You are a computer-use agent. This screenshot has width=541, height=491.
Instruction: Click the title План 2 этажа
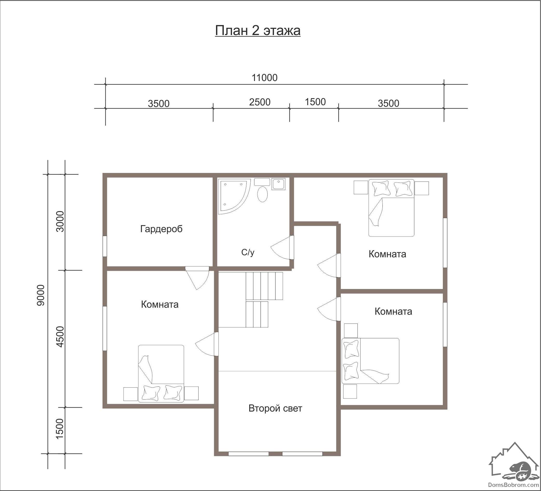point(258,31)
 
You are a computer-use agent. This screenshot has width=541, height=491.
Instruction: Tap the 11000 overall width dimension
point(264,78)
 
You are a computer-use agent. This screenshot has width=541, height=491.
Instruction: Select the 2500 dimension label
point(260,102)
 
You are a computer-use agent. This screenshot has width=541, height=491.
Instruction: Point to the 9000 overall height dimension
point(41,295)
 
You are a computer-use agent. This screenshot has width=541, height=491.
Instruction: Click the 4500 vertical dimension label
point(60,337)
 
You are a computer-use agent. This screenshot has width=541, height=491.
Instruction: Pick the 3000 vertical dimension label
point(60,221)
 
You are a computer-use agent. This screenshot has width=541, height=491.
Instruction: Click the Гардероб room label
point(161,229)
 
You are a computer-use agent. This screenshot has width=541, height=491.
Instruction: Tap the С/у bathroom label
point(248,252)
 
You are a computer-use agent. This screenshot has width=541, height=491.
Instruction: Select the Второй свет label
point(275,408)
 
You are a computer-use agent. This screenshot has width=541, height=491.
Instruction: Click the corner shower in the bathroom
point(233,196)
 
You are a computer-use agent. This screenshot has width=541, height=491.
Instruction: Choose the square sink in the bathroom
point(278,184)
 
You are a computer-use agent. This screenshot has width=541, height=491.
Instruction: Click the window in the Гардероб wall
point(105,246)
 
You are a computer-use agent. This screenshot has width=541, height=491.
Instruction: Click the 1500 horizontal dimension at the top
point(315,102)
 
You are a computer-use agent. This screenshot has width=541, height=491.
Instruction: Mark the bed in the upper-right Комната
point(391,208)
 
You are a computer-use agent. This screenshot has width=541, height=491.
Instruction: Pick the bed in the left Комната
point(161,374)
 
